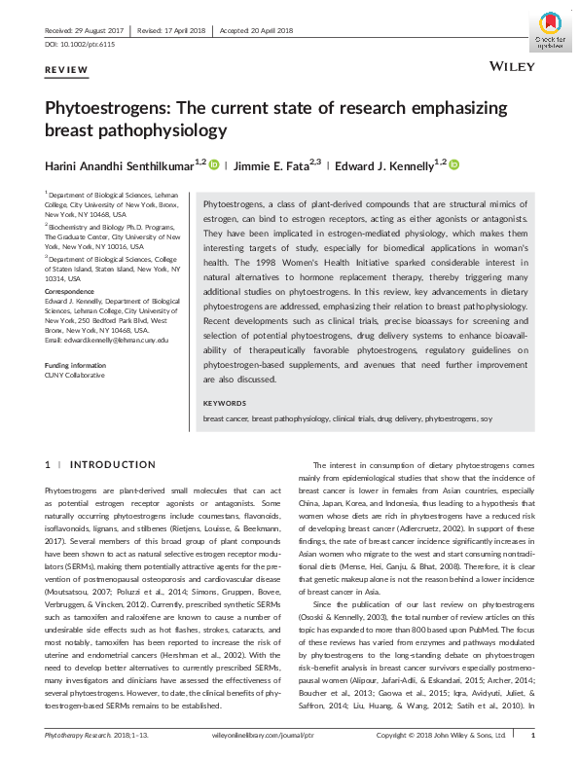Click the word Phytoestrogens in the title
(108, 108)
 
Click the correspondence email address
(107, 340)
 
